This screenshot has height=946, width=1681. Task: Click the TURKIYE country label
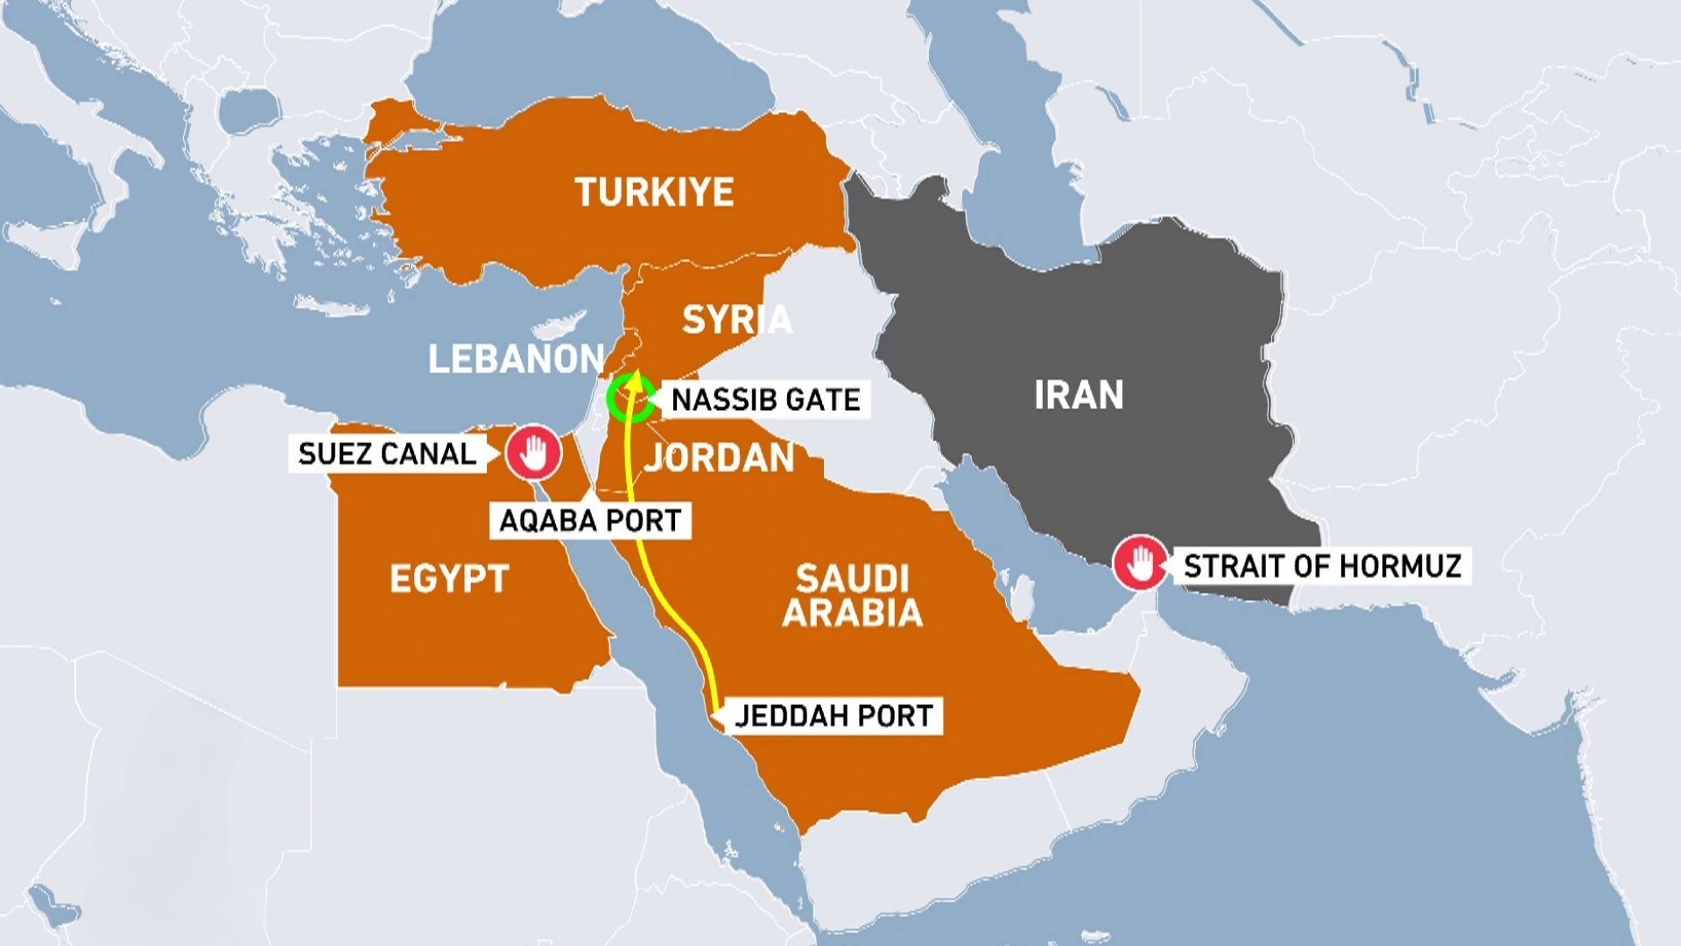[654, 192]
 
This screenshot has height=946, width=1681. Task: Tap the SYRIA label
[736, 320]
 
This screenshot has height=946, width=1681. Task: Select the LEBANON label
[516, 359]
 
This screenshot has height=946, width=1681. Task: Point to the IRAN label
[1079, 395]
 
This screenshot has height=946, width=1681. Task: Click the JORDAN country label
[720, 458]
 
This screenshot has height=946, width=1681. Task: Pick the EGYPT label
[449, 579]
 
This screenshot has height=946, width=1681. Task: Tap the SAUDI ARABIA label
[852, 596]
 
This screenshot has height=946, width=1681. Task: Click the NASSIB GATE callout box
[765, 400]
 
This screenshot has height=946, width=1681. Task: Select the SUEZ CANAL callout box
[387, 454]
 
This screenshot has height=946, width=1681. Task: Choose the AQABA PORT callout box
[590, 520]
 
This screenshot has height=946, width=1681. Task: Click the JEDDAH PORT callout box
[833, 716]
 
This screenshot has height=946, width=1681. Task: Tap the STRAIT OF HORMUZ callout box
[1322, 567]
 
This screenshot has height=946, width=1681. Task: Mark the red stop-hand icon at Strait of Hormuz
[1140, 563]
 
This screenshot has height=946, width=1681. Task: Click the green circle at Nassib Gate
[631, 399]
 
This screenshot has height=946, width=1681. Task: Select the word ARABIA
[852, 612]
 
